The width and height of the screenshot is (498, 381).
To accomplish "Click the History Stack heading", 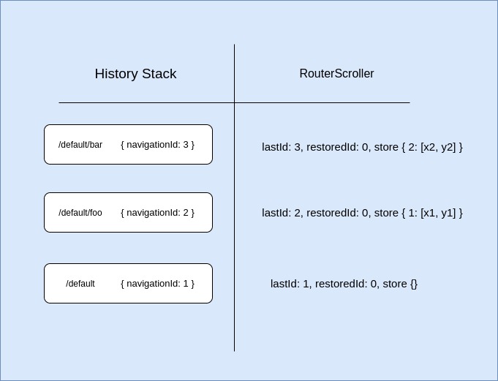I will (135, 74).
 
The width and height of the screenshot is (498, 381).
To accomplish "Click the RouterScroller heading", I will (336, 74).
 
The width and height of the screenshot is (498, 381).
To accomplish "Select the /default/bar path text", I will (80, 145).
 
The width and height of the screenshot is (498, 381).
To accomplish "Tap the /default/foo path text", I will (80, 213).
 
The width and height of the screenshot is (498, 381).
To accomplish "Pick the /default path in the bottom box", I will (80, 284).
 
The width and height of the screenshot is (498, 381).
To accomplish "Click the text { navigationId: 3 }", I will (157, 145).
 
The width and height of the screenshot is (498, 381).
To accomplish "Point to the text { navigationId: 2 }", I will (157, 213).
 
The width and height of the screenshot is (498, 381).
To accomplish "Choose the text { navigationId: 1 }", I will (157, 284).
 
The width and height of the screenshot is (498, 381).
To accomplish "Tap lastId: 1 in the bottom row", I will (290, 284).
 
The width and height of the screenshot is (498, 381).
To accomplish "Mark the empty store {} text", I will (400, 284).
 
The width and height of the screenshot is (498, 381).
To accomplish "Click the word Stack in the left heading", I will (159, 74).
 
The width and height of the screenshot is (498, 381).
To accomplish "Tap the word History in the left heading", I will (116, 74).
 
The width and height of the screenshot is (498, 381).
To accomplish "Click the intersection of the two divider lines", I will (235, 102).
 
